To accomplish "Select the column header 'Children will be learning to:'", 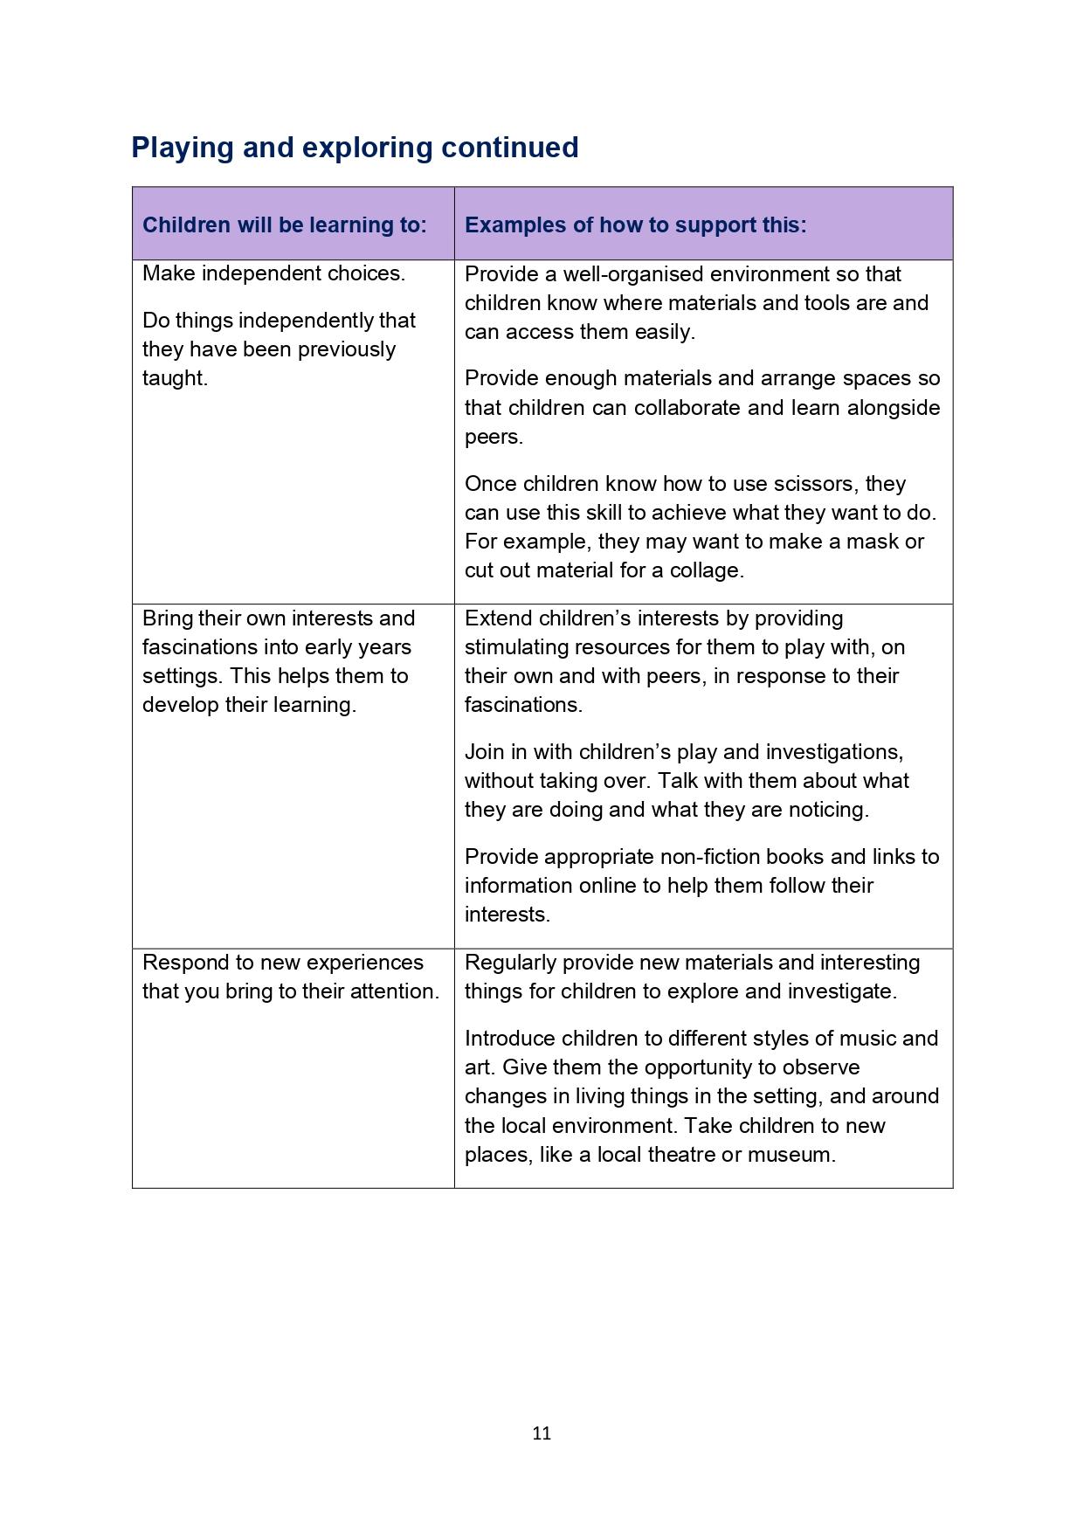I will (285, 224).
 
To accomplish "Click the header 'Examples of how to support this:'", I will (635, 224).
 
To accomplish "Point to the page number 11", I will (542, 1433).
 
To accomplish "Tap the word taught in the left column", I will (174, 378).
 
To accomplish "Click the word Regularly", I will (510, 962).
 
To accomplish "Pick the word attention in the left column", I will (393, 991).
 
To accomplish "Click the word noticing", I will (829, 809).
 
